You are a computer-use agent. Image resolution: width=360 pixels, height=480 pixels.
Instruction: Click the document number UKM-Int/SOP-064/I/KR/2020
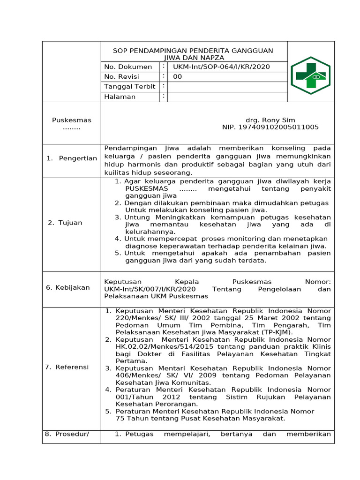pyautogui.click(x=221, y=67)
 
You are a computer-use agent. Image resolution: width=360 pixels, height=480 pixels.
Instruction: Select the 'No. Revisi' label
pyautogui.click(x=121, y=77)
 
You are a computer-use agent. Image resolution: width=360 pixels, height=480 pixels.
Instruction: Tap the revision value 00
pyautogui.click(x=178, y=77)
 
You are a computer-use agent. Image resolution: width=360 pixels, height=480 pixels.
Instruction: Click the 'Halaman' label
pyautogui.click(x=120, y=97)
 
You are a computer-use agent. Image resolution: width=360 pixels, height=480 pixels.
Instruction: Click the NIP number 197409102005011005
pyautogui.click(x=270, y=127)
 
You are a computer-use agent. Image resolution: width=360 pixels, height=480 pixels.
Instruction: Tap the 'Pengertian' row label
pyautogui.click(x=78, y=158)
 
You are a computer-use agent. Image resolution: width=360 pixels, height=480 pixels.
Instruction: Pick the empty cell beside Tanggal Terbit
pyautogui.click(x=227, y=87)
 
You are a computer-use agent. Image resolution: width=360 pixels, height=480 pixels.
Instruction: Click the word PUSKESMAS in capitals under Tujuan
pyautogui.click(x=144, y=188)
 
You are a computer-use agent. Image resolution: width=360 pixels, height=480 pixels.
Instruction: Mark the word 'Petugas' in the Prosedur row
pyautogui.click(x=140, y=434)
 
